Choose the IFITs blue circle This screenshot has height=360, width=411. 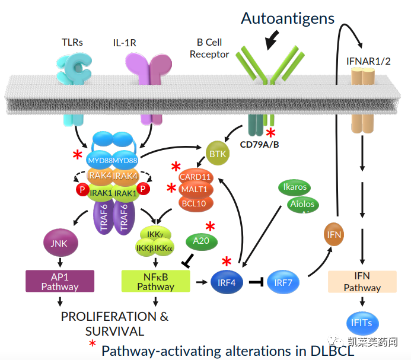coord(361,323)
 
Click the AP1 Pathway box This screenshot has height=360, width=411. coord(60,281)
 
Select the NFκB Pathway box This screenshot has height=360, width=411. coord(155,281)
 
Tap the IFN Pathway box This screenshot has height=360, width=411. coord(362,282)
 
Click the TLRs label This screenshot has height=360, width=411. coord(73,43)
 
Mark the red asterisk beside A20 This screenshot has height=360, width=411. coord(210,226)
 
